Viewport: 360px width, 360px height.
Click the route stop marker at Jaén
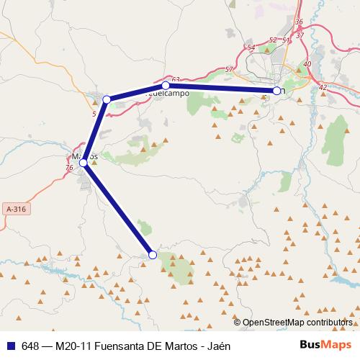276,91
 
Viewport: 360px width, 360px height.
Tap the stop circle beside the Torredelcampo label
166,86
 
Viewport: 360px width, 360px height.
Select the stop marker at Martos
84,163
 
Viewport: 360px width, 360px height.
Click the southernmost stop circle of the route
153,254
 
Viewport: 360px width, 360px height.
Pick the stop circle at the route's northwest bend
107,99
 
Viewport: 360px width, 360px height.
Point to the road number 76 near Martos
69,168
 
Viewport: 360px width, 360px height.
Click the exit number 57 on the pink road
229,69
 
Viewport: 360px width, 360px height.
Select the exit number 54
251,48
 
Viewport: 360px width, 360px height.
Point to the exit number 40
307,64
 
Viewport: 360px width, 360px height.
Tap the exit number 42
322,87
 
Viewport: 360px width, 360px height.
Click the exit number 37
300,35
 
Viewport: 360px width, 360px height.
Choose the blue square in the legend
10,345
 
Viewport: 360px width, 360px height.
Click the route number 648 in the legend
31,345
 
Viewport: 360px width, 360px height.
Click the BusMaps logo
325,344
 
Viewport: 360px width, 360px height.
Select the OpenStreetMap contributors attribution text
297,323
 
